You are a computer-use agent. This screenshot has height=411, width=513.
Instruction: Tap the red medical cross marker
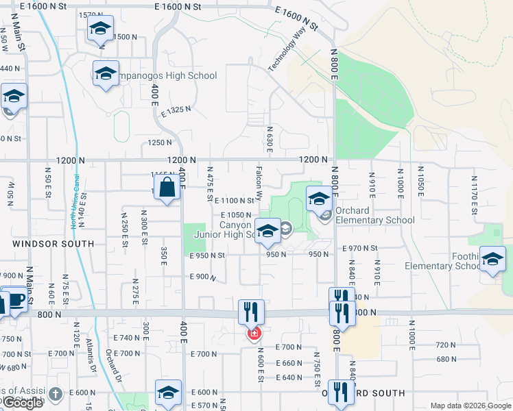[254, 334]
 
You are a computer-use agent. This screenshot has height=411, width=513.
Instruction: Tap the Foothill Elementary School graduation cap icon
[492, 258]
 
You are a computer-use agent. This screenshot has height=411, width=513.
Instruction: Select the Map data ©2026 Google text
[470, 405]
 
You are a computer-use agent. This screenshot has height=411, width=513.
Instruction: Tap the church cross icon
[56, 394]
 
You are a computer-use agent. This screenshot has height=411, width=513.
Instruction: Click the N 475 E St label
[210, 183]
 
